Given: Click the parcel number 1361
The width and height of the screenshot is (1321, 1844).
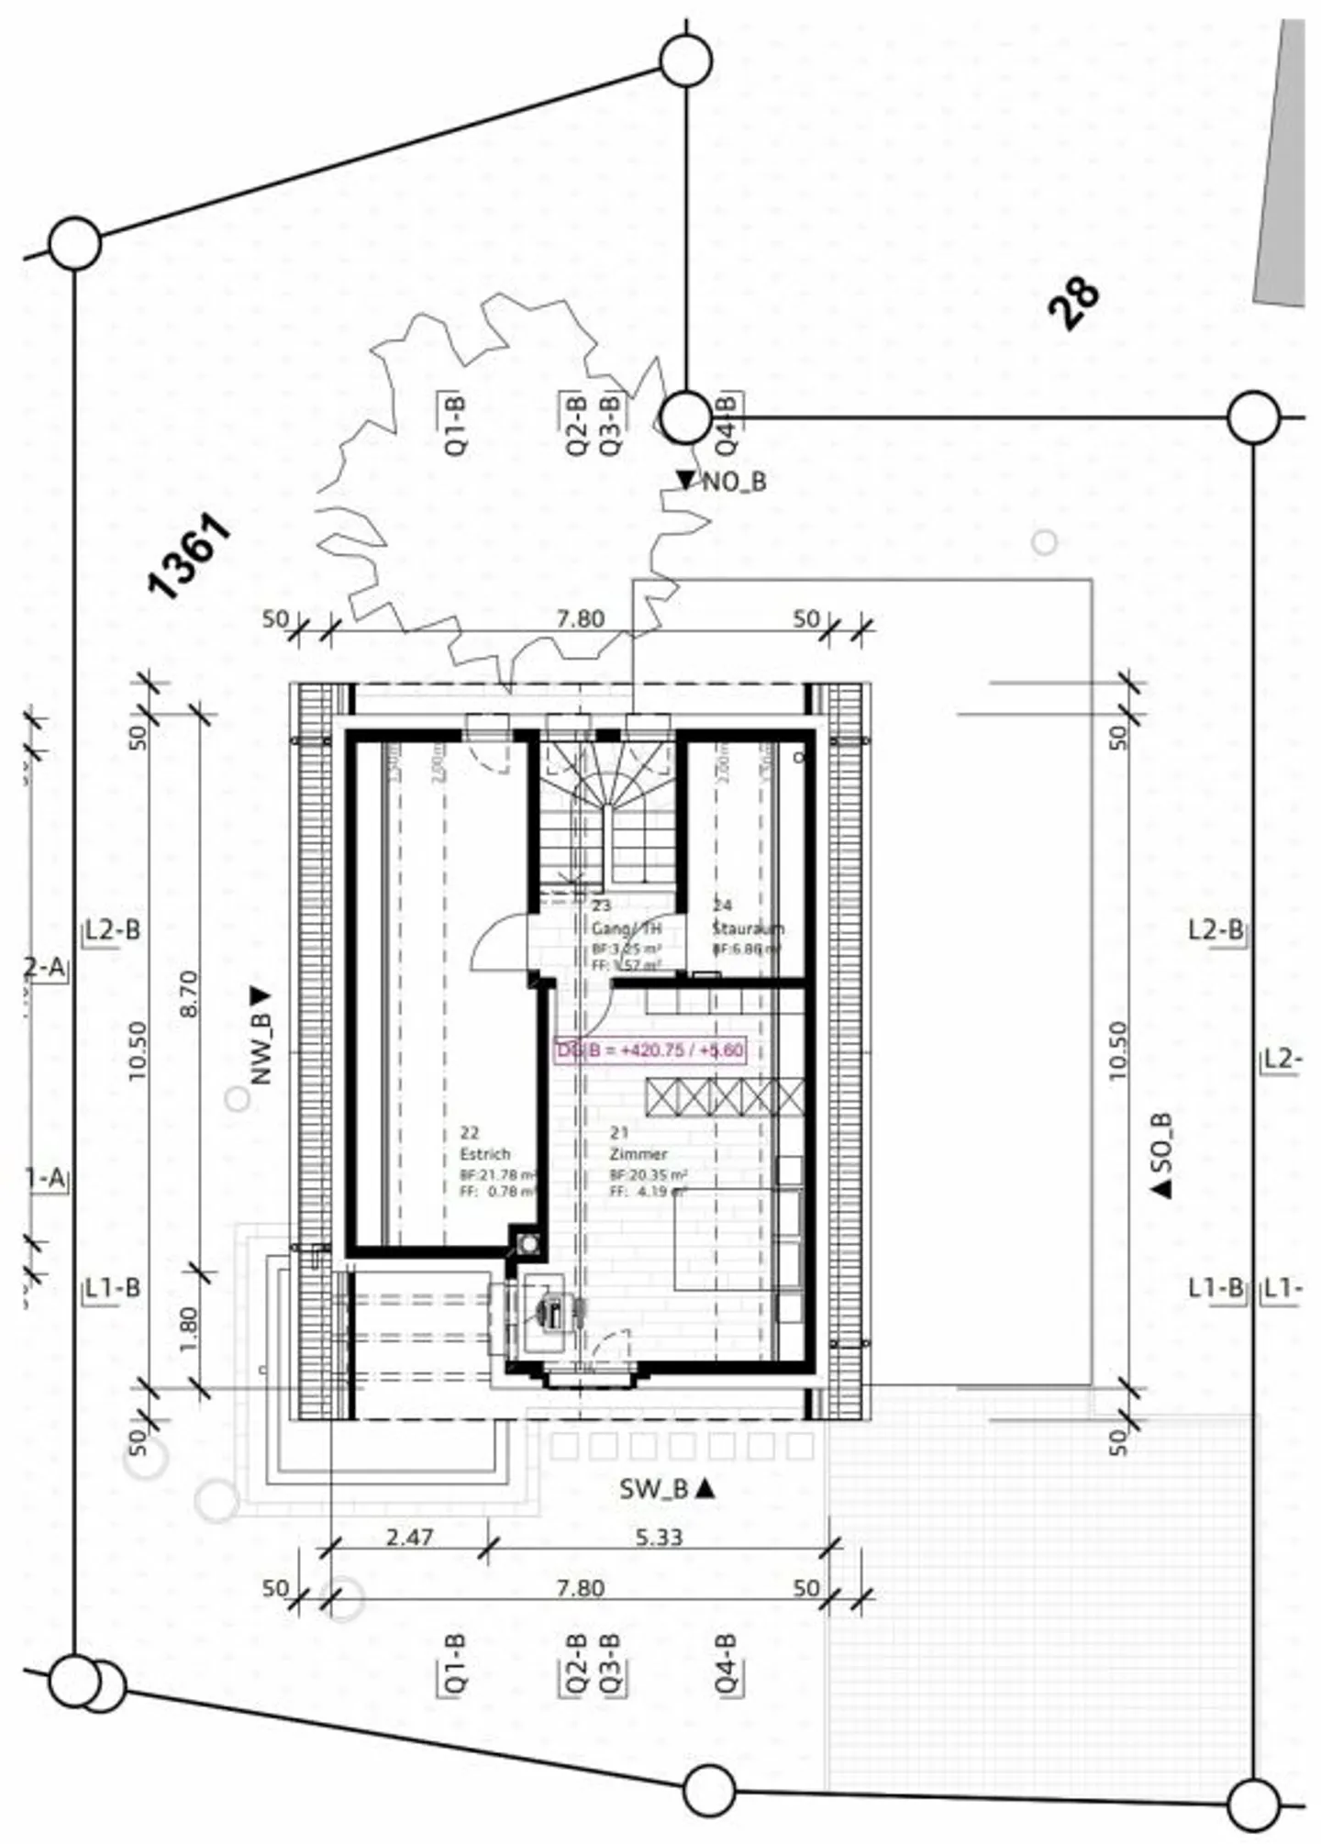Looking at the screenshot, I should tap(190, 557).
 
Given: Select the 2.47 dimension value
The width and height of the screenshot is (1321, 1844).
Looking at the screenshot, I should tap(409, 1536).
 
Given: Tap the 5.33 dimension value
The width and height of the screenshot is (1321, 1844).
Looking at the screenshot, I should tap(659, 1536).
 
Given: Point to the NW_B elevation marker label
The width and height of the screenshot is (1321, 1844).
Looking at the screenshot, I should tap(261, 1037).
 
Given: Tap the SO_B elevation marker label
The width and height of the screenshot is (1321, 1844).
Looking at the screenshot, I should tap(1162, 1154).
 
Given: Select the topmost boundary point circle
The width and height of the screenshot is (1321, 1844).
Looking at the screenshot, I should tap(685, 61).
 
